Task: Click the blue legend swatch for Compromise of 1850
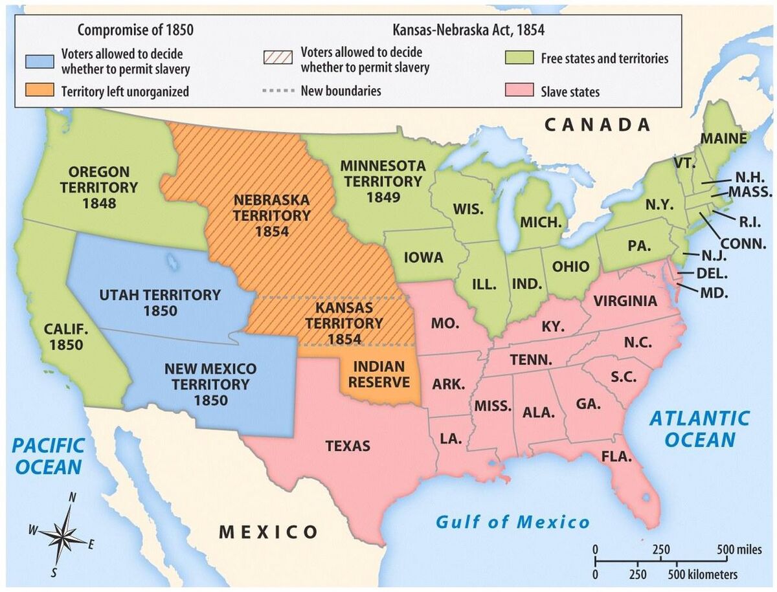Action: click(x=39, y=60)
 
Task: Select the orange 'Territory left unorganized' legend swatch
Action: click(x=39, y=91)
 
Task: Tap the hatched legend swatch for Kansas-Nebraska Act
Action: click(x=277, y=56)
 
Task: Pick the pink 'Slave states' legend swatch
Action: click(x=519, y=91)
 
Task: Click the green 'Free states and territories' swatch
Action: click(x=519, y=58)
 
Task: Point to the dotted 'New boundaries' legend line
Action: click(x=277, y=91)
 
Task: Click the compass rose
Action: click(x=63, y=535)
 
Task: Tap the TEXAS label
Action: click(x=348, y=446)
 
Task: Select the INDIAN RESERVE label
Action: click(x=379, y=374)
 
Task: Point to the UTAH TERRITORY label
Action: click(x=160, y=295)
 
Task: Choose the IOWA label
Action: click(x=423, y=258)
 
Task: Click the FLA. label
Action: click(x=616, y=457)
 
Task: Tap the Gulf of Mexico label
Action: click(x=513, y=521)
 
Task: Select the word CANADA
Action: click(x=597, y=124)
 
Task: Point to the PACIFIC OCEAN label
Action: click(x=49, y=455)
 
